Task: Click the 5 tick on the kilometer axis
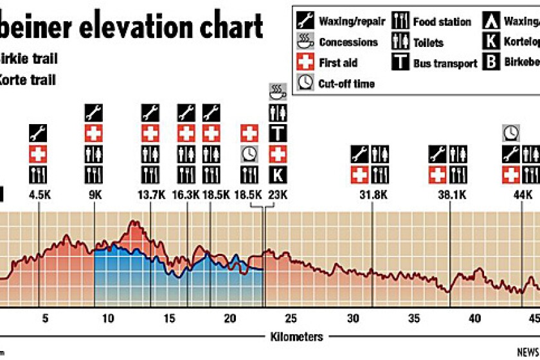[44, 318]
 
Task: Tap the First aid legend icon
[305, 63]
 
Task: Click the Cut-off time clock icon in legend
[305, 84]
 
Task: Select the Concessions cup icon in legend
[305, 42]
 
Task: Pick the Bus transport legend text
[445, 63]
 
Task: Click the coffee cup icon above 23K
[278, 91]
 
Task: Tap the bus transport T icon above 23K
[278, 133]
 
